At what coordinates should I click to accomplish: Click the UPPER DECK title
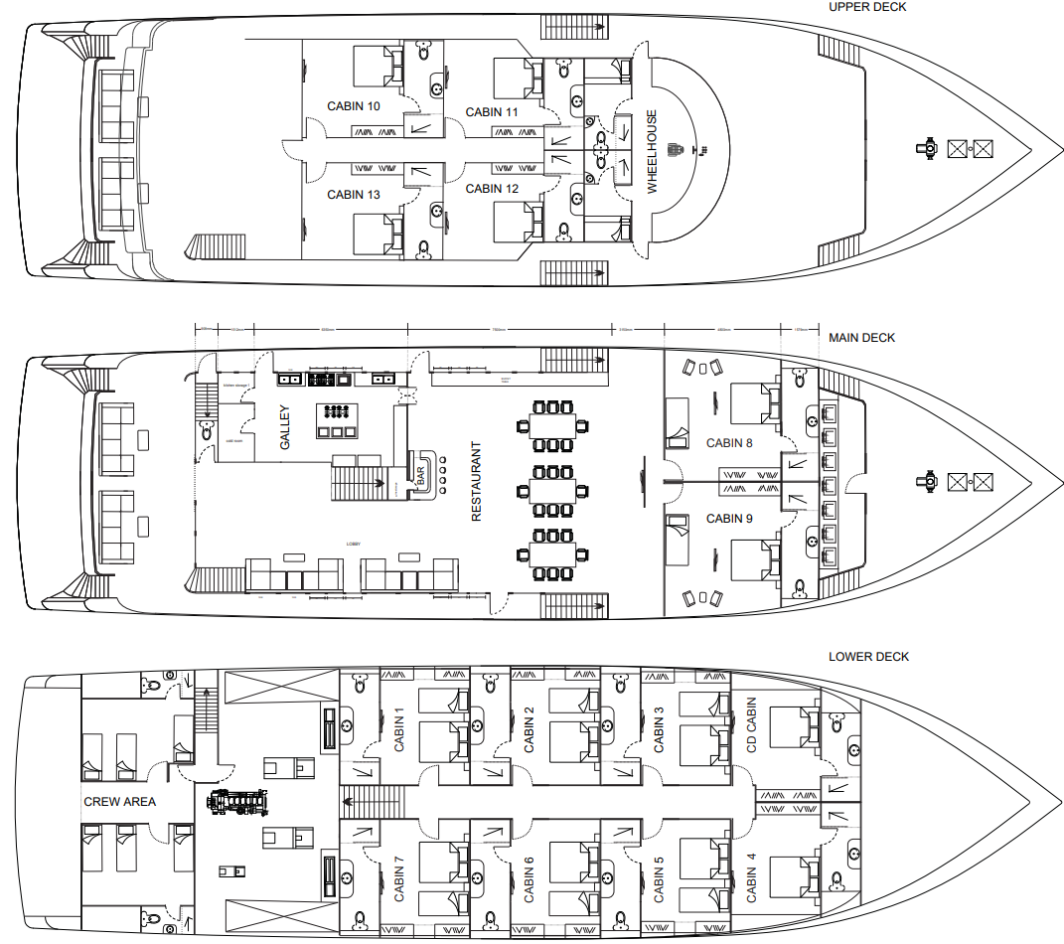click(867, 7)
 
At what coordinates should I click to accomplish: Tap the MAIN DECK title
click(861, 338)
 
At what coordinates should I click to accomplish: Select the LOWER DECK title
click(868, 657)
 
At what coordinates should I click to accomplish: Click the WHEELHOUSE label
click(653, 151)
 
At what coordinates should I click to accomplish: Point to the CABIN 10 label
click(353, 106)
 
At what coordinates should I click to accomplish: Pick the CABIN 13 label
click(353, 195)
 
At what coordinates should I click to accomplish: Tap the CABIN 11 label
click(491, 112)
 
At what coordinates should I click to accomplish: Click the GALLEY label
click(284, 427)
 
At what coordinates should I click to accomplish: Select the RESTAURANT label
click(476, 482)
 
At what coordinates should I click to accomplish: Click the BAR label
click(420, 475)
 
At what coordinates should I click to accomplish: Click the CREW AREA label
click(119, 802)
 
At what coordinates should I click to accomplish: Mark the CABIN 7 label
click(399, 877)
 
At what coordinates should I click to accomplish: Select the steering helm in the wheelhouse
click(679, 150)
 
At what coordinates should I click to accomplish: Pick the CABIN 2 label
click(529, 728)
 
